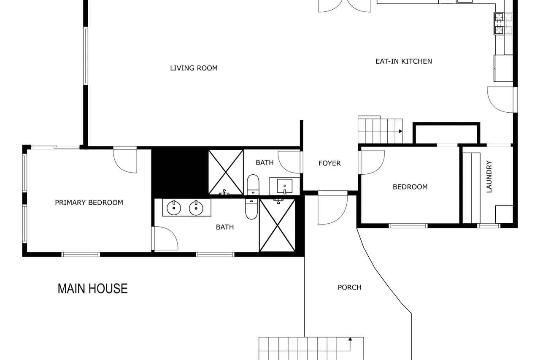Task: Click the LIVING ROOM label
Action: click(x=194, y=68)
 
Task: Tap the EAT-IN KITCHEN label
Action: click(x=404, y=62)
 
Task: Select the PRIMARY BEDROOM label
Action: click(x=89, y=203)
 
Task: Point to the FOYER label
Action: click(x=329, y=163)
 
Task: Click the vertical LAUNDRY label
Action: click(x=489, y=177)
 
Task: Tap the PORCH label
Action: click(x=350, y=287)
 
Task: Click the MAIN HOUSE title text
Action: click(x=92, y=289)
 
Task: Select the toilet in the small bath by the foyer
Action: click(x=253, y=185)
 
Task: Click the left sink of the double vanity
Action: click(x=174, y=208)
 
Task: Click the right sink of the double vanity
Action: click(x=196, y=208)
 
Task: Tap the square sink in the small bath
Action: click(x=284, y=186)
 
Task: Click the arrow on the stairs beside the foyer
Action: click(x=400, y=131)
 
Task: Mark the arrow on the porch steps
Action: click(x=350, y=339)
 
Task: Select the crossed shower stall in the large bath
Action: click(x=278, y=225)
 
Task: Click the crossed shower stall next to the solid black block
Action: click(x=226, y=172)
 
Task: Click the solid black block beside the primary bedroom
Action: click(x=180, y=173)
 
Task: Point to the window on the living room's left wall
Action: click(x=86, y=56)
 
